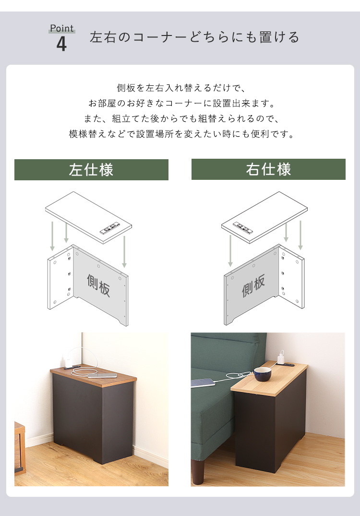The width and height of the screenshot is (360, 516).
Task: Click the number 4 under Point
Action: point(61,44)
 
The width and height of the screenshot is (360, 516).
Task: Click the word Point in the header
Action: point(62,28)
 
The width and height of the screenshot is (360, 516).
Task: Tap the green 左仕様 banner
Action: point(91,170)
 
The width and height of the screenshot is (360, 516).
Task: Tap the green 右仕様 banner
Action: point(268,169)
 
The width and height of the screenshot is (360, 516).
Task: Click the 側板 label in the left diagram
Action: point(98,285)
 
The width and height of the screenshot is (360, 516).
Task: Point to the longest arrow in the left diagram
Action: point(124,251)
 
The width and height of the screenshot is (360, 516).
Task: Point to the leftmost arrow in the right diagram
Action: point(230,251)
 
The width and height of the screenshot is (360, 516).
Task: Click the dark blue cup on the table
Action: point(263,374)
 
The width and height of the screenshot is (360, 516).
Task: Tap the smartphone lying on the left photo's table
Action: point(102,375)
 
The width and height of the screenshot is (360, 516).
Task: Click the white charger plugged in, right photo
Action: point(281,358)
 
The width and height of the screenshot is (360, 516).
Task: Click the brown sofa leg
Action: point(198,471)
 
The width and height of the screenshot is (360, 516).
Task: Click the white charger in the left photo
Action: point(69,363)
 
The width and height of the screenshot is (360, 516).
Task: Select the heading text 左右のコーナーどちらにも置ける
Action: point(194,37)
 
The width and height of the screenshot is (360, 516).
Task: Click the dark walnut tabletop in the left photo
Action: point(93,375)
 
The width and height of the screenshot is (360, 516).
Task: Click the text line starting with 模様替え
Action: point(181,134)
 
